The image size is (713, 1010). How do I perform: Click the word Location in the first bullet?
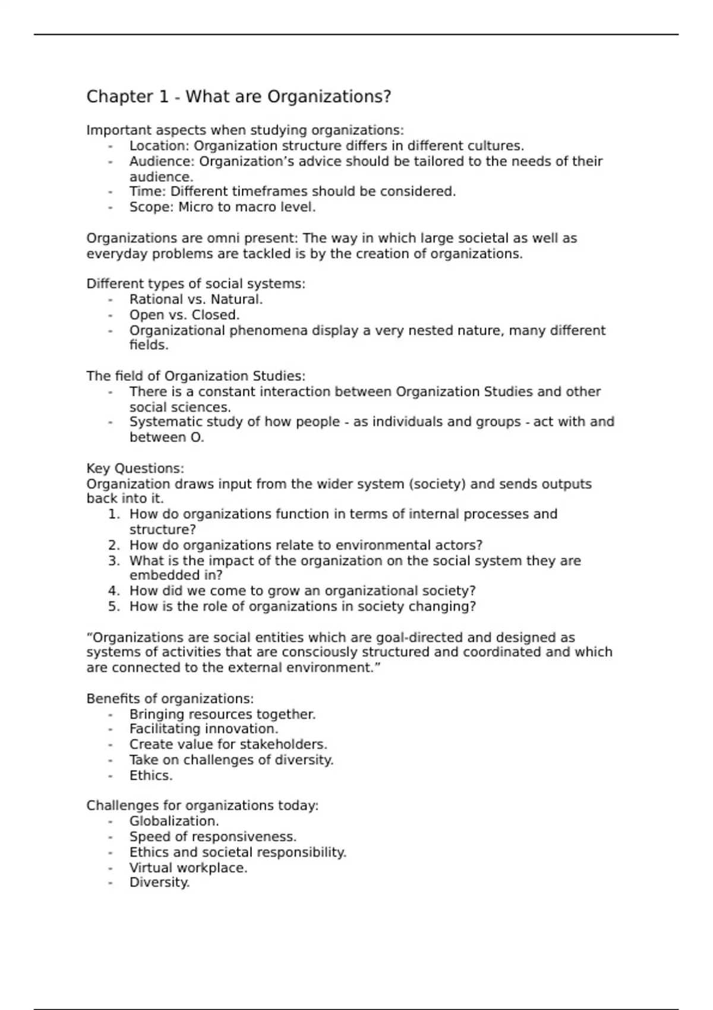pos(157,146)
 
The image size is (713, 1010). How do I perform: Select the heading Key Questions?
pos(135,468)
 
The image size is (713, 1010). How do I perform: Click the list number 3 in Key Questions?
pos(113,561)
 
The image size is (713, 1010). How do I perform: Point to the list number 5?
pos(113,607)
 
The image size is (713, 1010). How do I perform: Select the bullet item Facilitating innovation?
pos(203,729)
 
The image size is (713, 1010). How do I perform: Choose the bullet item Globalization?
pos(174,821)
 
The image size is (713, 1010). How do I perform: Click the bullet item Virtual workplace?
pos(188,867)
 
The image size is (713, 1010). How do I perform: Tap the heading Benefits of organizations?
pos(170,699)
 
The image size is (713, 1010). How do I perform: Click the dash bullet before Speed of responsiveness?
pos(111,837)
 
